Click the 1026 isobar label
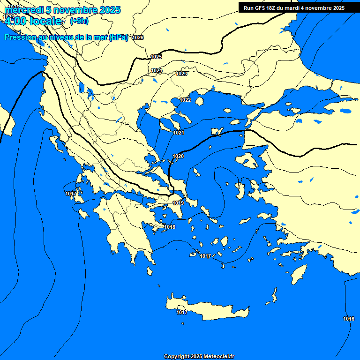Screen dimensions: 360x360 pos(138,37)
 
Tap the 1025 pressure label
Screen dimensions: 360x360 pos(156,57)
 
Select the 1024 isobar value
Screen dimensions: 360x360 pos(157,70)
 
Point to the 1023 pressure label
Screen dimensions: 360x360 pos(182,74)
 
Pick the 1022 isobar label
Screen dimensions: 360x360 pos(185,100)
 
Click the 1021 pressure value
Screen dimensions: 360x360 pos(178,133)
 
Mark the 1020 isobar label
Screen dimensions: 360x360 pos(178,156)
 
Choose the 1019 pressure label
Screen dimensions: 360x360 pos(178,203)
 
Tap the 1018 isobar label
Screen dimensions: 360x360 pos(170,227)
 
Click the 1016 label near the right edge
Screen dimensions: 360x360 pos(348,319)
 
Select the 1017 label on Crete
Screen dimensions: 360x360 pos(182,312)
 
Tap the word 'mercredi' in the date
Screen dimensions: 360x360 pos(22,10)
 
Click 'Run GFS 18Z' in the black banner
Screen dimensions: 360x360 pos(262,8)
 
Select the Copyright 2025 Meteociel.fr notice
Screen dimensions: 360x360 pos(199,356)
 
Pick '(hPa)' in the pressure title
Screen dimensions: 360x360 pos(118,37)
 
